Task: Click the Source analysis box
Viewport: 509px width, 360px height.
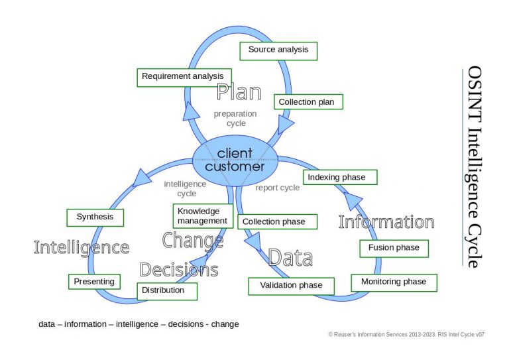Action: pyautogui.click(x=278, y=50)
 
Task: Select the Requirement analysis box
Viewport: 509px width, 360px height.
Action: pyautogui.click(x=184, y=77)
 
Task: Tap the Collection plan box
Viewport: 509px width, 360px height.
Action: pyautogui.click(x=308, y=102)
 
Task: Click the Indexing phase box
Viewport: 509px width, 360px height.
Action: pyautogui.click(x=340, y=178)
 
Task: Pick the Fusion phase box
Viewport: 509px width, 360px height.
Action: pyautogui.click(x=394, y=248)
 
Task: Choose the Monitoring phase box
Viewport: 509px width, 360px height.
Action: pyautogui.click(x=394, y=282)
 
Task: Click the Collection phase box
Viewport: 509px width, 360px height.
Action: pyautogui.click(x=277, y=221)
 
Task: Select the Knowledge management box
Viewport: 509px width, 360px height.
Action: pyautogui.click(x=202, y=216)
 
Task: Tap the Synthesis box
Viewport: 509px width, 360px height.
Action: pyautogui.click(x=95, y=217)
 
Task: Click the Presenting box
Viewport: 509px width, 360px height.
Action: pyautogui.click(x=95, y=282)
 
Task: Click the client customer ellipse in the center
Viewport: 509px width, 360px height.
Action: pyautogui.click(x=235, y=160)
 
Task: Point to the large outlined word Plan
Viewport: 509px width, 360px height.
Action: pyautogui.click(x=239, y=92)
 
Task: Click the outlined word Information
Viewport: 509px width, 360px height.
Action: pyautogui.click(x=386, y=222)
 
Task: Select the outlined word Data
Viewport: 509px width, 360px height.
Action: pyautogui.click(x=290, y=257)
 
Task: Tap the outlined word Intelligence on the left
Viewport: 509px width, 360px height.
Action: pyautogui.click(x=81, y=248)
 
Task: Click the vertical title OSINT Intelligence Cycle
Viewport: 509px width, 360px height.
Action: pyautogui.click(x=473, y=166)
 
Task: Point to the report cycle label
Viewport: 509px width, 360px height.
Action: pyautogui.click(x=278, y=188)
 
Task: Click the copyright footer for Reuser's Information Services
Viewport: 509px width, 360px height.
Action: pyautogui.click(x=406, y=335)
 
